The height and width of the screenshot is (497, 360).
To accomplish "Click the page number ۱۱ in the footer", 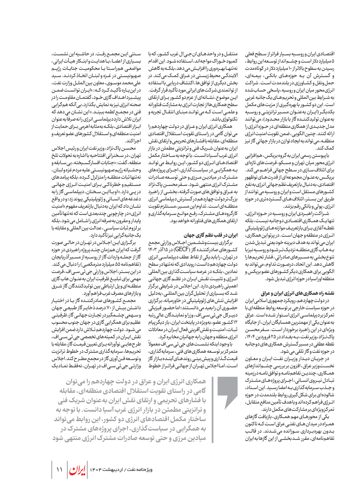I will point(59,470).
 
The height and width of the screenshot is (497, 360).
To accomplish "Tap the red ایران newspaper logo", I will point(77,470).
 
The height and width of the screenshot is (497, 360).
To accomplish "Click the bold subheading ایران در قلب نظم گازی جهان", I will point(210,235).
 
